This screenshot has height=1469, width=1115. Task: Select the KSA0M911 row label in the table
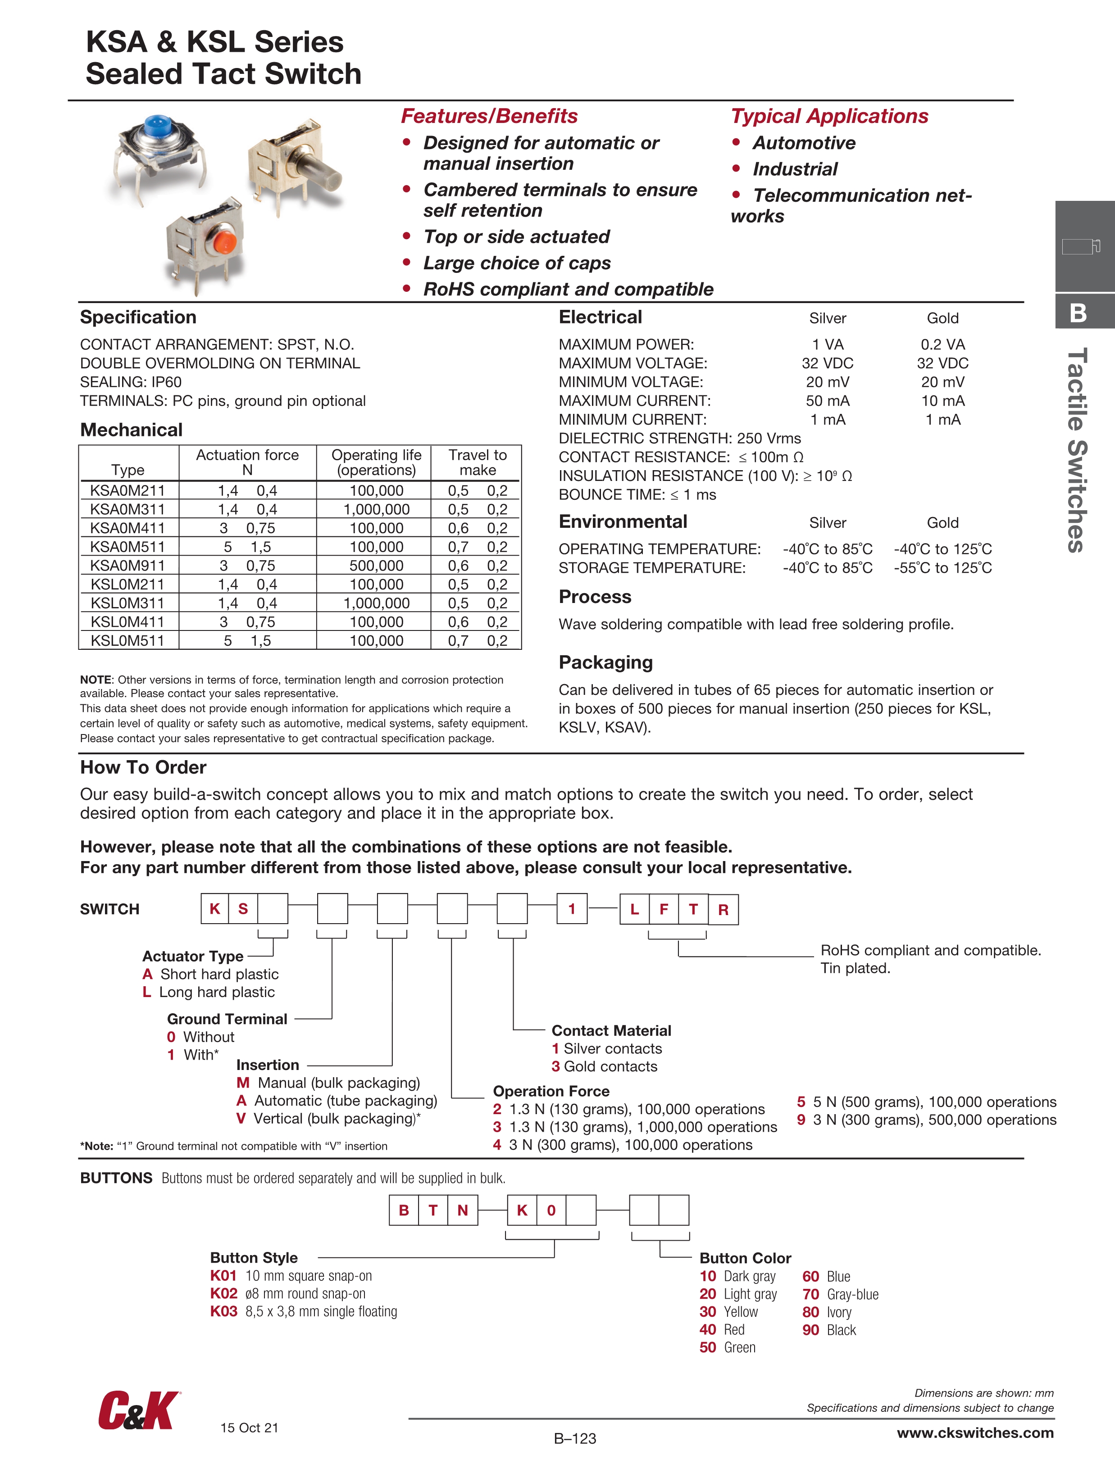point(127,566)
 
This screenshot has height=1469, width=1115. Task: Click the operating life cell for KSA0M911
point(376,566)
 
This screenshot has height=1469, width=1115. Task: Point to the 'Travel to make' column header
point(477,462)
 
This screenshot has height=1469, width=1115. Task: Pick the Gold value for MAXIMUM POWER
point(942,345)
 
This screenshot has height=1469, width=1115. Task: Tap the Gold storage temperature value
point(942,568)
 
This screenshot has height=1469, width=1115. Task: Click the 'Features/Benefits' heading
point(489,116)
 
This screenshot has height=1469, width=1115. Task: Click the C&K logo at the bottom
point(139,1410)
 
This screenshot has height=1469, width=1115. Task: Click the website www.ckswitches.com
point(975,1433)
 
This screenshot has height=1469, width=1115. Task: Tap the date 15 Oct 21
point(249,1428)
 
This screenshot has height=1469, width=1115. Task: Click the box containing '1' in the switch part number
point(571,909)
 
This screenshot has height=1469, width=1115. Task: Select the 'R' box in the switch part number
point(723,910)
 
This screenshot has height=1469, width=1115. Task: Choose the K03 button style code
point(223,1311)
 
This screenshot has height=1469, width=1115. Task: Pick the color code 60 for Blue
point(810,1276)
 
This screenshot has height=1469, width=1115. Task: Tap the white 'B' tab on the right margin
point(1079,313)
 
